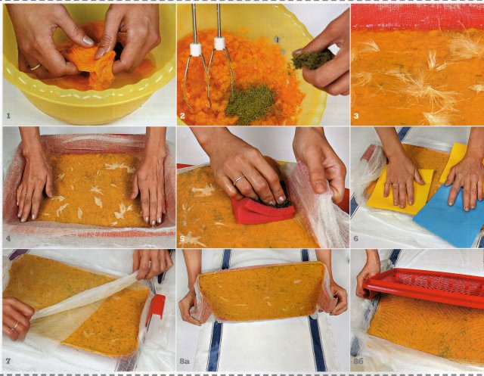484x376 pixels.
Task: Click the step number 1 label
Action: click(8, 116)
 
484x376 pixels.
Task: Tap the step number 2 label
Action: click(182, 116)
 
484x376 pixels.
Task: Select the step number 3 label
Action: click(356, 116)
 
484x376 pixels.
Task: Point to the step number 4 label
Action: click(8, 238)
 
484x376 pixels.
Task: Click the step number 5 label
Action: click(182, 238)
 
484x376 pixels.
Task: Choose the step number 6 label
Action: click(356, 238)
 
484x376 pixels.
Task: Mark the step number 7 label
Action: click(8, 361)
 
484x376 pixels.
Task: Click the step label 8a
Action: click(185, 361)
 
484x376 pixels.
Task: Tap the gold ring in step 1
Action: click(36, 67)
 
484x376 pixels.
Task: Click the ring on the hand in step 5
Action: click(239, 180)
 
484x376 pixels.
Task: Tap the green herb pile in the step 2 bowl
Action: click(250, 104)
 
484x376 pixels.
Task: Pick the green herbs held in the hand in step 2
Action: click(312, 59)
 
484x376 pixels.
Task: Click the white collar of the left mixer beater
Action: click(195, 50)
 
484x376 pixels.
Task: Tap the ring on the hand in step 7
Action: click(15, 326)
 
